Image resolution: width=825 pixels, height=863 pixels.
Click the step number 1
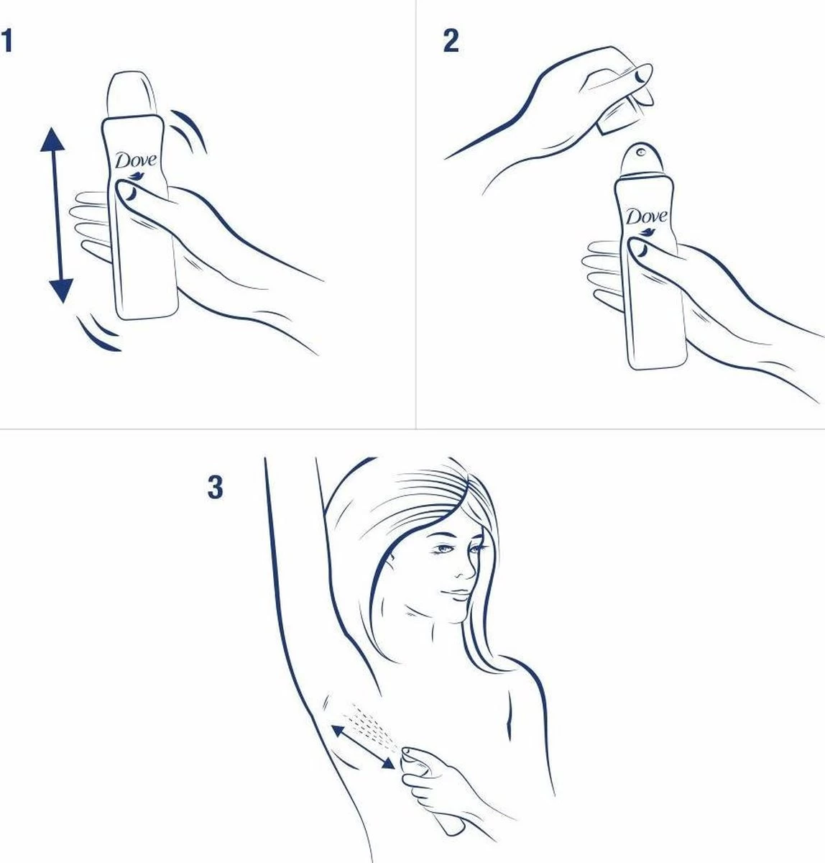click(x=6, y=41)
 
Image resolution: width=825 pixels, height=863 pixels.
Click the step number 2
click(x=451, y=41)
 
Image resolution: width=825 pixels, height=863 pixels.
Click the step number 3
click(x=215, y=488)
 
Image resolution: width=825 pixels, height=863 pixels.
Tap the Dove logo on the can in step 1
click(x=136, y=160)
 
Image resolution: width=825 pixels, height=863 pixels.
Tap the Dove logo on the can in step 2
click(x=647, y=217)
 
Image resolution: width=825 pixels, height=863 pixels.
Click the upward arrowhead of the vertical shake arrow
click(x=52, y=139)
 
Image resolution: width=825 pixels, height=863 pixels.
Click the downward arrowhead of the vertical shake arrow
click(x=61, y=291)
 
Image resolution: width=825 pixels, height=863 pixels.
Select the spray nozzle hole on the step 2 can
click(x=641, y=152)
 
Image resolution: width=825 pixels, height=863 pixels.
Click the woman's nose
click(x=467, y=569)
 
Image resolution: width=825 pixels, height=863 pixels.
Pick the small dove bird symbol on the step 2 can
click(x=647, y=232)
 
